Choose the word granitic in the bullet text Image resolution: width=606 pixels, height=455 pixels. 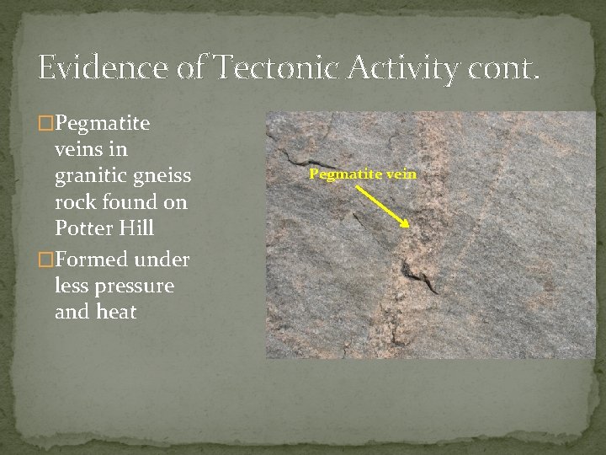click(x=89, y=177)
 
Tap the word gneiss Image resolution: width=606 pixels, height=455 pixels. click(x=165, y=177)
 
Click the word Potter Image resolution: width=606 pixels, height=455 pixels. click(x=82, y=229)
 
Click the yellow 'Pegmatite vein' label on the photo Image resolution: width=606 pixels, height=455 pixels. click(x=362, y=174)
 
